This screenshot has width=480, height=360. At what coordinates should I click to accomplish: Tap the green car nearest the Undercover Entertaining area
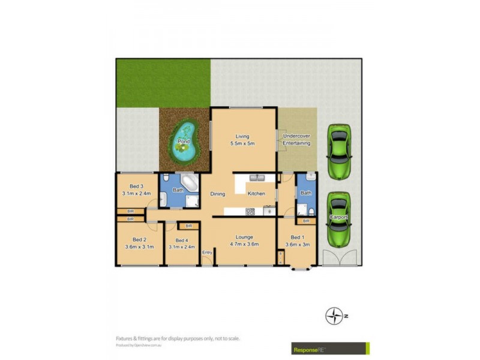pyautogui.click(x=338, y=151)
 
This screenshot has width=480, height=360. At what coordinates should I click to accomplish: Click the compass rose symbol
pyautogui.click(x=334, y=316)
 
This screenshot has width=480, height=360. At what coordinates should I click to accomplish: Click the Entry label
pyautogui.click(x=207, y=253)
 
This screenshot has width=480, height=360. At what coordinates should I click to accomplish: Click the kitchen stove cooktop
pyautogui.click(x=250, y=211)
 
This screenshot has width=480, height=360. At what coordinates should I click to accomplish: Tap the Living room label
pyautogui.click(x=243, y=136)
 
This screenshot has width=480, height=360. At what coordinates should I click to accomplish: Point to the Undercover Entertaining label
pyautogui.click(x=296, y=140)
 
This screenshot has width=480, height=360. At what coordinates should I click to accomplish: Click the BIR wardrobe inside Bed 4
pyautogui.click(x=188, y=226)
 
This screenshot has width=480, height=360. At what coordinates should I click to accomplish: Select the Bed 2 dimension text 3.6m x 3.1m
pyautogui.click(x=139, y=247)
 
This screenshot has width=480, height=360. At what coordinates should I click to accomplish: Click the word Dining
pyautogui.click(x=217, y=194)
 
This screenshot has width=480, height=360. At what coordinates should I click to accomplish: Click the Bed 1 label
pyautogui.click(x=298, y=237)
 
